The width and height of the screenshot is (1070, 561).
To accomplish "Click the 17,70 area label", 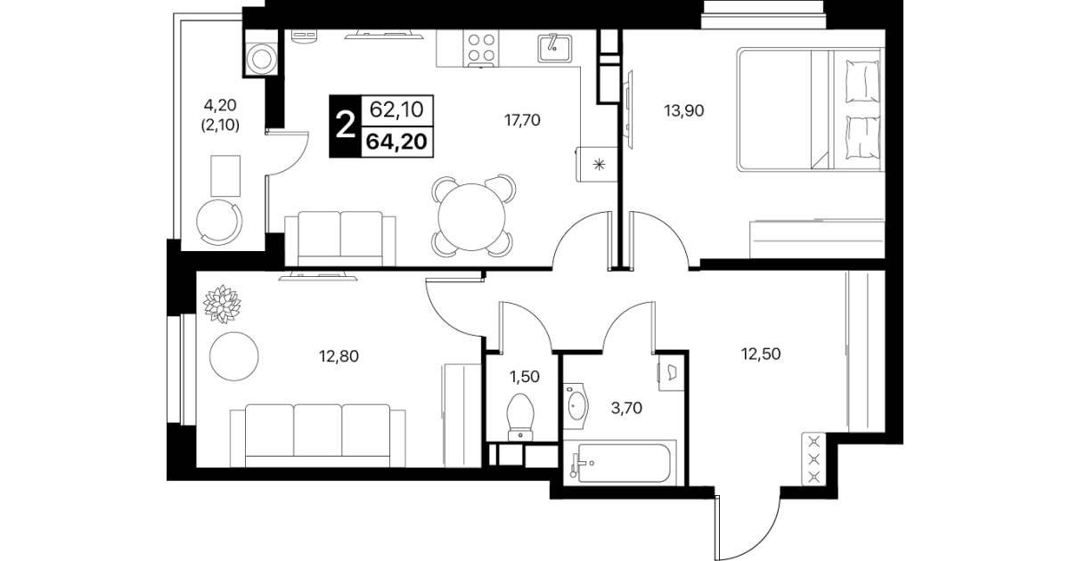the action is pyautogui.click(x=522, y=120).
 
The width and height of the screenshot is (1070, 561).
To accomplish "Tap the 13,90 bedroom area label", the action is pyautogui.click(x=684, y=110).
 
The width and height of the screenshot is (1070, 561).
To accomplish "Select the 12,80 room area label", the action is pyautogui.click(x=339, y=356).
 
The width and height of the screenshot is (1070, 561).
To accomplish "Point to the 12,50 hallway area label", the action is pyautogui.click(x=761, y=354).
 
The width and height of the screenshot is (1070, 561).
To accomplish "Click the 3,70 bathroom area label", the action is pyautogui.click(x=626, y=408).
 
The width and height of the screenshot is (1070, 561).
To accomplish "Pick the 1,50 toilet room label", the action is pyautogui.click(x=525, y=377).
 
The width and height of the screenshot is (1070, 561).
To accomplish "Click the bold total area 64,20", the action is pyautogui.click(x=397, y=142).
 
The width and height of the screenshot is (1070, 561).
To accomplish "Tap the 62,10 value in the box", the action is pyautogui.click(x=397, y=110).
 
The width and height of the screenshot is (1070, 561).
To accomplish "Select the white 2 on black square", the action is pyautogui.click(x=346, y=126).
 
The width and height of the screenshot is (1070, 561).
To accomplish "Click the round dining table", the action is pyautogui.click(x=472, y=217).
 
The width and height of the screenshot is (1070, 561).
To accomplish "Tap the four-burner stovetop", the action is pyautogui.click(x=480, y=48).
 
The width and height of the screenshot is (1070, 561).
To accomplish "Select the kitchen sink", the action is pyautogui.click(x=554, y=48).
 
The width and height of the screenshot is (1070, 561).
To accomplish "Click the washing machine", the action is pyautogui.click(x=261, y=59).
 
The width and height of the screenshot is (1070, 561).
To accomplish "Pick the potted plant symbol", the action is pyautogui.click(x=222, y=305).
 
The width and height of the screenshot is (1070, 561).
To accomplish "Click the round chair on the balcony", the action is pyautogui.click(x=220, y=221).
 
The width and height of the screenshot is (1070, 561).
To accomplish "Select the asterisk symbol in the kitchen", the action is pyautogui.click(x=599, y=166).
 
